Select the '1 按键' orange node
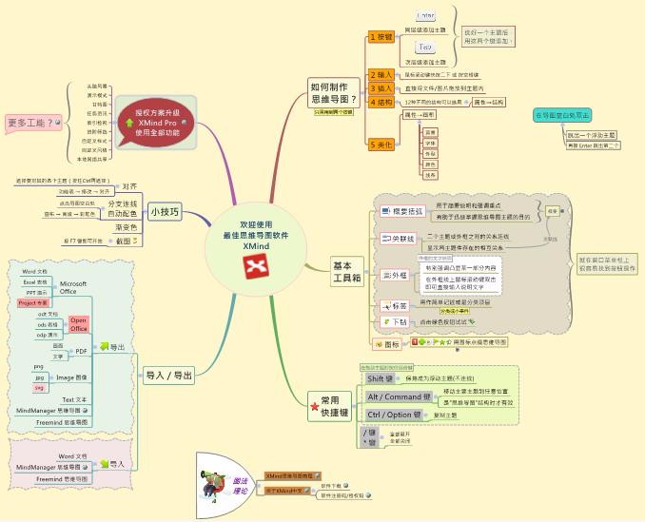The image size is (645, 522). pyautogui.click(x=381, y=37)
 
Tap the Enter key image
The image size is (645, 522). pyautogui.click(x=425, y=15)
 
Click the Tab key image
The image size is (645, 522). pyautogui.click(x=425, y=46)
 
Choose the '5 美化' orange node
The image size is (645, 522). pyautogui.click(x=381, y=145)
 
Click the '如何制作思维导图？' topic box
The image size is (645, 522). pyautogui.click(x=334, y=91)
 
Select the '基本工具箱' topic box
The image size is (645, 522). pyautogui.click(x=346, y=272)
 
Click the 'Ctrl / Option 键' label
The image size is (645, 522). pyautogui.click(x=393, y=415)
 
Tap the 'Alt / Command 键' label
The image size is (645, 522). pyautogui.click(x=399, y=396)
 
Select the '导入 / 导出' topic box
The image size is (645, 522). pyautogui.click(x=169, y=376)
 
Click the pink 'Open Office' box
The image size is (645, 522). pyautogui.click(x=79, y=325)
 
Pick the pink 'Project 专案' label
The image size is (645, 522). pyautogui.click(x=33, y=302)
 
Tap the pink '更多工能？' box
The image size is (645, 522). pyautogui.click(x=31, y=123)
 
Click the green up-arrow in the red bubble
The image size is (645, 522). pyautogui.click(x=129, y=122)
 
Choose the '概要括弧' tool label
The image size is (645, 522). pyautogui.click(x=402, y=211)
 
